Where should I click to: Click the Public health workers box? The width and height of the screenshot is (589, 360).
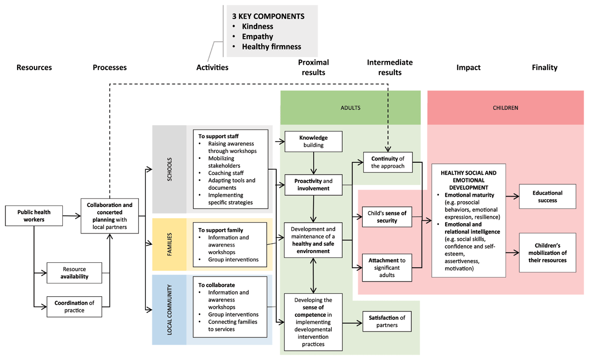point(34,216)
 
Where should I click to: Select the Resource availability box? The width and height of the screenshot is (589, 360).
point(74,273)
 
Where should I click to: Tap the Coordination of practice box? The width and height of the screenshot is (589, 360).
point(74,307)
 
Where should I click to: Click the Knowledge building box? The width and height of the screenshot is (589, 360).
point(314,141)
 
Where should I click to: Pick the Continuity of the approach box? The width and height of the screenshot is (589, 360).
point(388,162)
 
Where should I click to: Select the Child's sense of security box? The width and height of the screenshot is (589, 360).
point(387,217)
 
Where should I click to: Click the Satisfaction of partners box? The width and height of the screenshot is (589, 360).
point(387,321)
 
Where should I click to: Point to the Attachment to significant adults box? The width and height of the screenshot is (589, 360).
point(387,268)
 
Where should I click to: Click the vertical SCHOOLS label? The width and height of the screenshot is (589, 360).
point(169,169)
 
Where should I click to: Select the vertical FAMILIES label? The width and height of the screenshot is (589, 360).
point(169,245)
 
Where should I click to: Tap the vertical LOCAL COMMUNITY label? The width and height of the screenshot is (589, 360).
point(169,309)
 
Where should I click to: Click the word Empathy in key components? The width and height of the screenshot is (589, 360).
point(257,37)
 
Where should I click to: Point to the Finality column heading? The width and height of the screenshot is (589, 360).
point(544,68)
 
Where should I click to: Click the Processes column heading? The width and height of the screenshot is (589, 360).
point(109,68)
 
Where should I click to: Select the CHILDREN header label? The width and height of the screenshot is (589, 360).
point(505,107)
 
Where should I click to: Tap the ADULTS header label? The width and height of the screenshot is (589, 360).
point(350,107)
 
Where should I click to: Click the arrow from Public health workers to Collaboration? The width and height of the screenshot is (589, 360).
point(72,216)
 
